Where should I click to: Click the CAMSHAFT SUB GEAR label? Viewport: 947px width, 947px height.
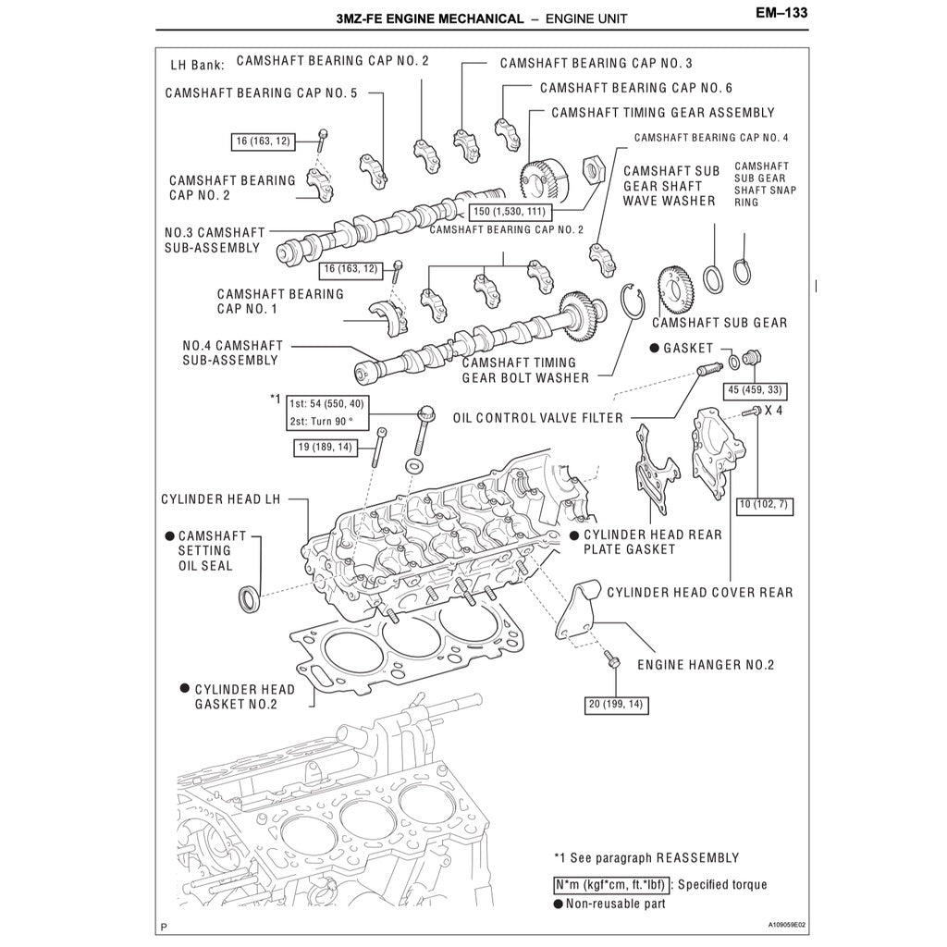click(719, 323)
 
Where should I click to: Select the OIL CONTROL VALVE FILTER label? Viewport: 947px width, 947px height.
click(537, 418)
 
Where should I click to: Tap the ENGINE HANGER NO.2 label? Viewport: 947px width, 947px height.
click(706, 665)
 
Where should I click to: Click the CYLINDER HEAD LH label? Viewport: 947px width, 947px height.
click(220, 499)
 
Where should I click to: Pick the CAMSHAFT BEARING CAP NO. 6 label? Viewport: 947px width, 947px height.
click(636, 88)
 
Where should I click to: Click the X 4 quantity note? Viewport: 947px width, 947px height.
click(773, 410)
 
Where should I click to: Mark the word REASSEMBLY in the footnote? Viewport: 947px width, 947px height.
click(696, 858)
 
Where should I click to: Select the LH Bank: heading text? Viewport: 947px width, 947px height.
click(198, 67)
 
